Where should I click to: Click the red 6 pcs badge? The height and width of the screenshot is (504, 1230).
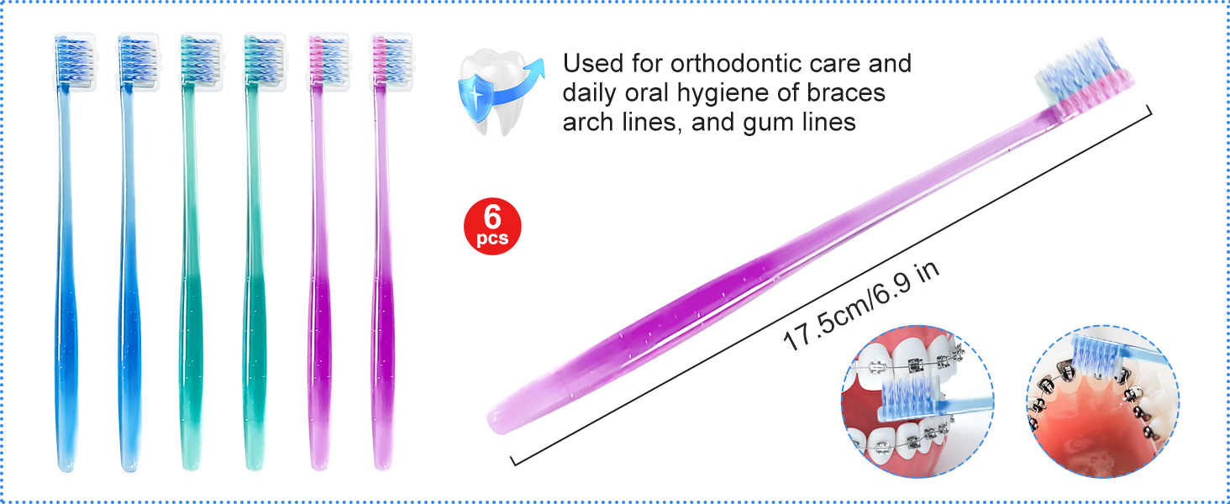[x=492, y=226]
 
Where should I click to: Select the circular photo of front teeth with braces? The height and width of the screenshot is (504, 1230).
[x=917, y=402]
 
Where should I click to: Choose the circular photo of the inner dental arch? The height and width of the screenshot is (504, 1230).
[x=1102, y=402]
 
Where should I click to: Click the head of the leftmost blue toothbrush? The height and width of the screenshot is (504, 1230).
[x=74, y=61]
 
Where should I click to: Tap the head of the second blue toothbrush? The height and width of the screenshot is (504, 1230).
[x=138, y=61]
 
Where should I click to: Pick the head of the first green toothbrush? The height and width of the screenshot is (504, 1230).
[x=201, y=61]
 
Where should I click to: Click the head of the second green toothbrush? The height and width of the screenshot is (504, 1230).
[x=265, y=61]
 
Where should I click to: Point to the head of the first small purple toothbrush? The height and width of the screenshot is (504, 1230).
[x=328, y=61]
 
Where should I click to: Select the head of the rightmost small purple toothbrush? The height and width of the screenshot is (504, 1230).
[x=392, y=61]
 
